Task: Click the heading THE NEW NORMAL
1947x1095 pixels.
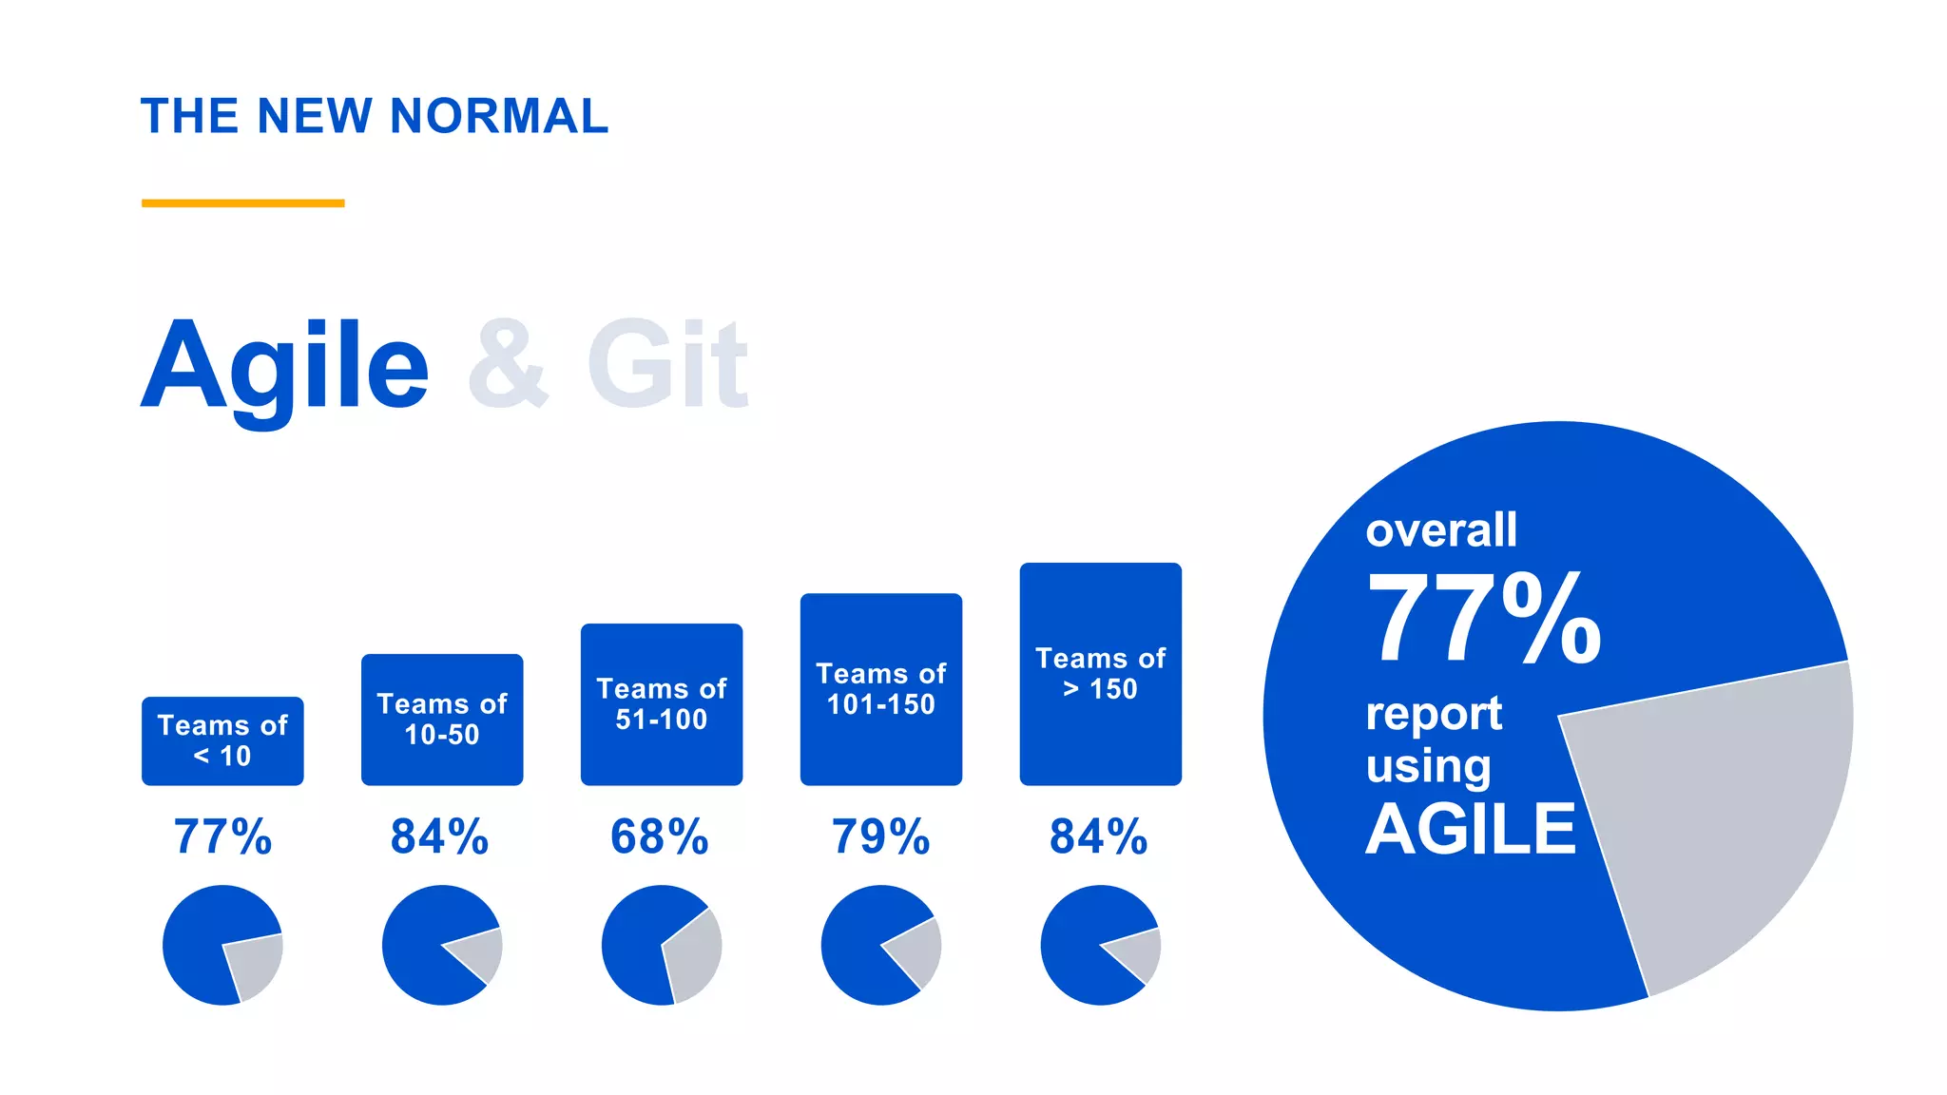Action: [x=375, y=116]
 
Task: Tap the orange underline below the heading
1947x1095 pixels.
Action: [x=242, y=202]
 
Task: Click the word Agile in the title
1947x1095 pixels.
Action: [x=285, y=366]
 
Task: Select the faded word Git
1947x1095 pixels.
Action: [x=667, y=366]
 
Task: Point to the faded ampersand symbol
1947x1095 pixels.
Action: [x=509, y=366]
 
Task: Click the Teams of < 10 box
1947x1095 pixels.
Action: [x=222, y=740]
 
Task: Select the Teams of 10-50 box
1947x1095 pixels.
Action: [x=442, y=719]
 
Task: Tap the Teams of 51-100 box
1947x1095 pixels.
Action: [x=662, y=703]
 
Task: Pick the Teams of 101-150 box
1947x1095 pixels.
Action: [x=881, y=688]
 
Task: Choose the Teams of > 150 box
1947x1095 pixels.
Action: [x=1101, y=673]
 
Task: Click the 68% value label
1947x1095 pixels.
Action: [x=660, y=836]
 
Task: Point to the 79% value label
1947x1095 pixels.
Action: [x=881, y=836]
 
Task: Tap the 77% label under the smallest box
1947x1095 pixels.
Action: [x=222, y=836]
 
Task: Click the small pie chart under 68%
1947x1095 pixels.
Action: [x=662, y=945]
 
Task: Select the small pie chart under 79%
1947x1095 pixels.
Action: [x=881, y=945]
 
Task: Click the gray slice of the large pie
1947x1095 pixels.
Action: [x=1721, y=817]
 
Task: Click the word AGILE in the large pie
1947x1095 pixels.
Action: [x=1471, y=829]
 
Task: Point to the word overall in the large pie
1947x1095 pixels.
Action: [x=1441, y=529]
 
